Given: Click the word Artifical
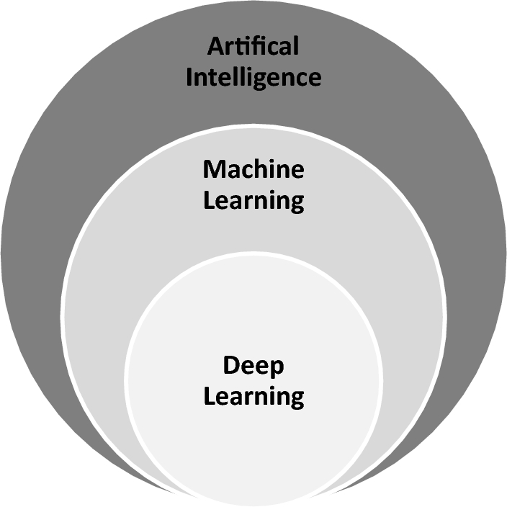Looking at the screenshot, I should tap(253, 48).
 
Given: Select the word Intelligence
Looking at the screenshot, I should tap(253, 76).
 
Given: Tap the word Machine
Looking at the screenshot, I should tap(253, 170).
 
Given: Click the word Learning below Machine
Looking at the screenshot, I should tap(253, 201).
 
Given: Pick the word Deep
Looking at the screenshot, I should tap(253, 367).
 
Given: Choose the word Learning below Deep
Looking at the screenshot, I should tap(253, 397).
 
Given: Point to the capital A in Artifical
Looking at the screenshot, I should tap(215, 48).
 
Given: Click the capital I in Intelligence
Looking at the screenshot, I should tap(189, 76).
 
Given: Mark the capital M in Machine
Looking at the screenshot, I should tap(213, 170).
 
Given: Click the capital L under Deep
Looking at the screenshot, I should tap(209, 395).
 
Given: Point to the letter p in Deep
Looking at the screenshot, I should tap(277, 369).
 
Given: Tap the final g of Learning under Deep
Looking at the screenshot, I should tap(296, 399).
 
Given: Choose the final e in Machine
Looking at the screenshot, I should tap(297, 172).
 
